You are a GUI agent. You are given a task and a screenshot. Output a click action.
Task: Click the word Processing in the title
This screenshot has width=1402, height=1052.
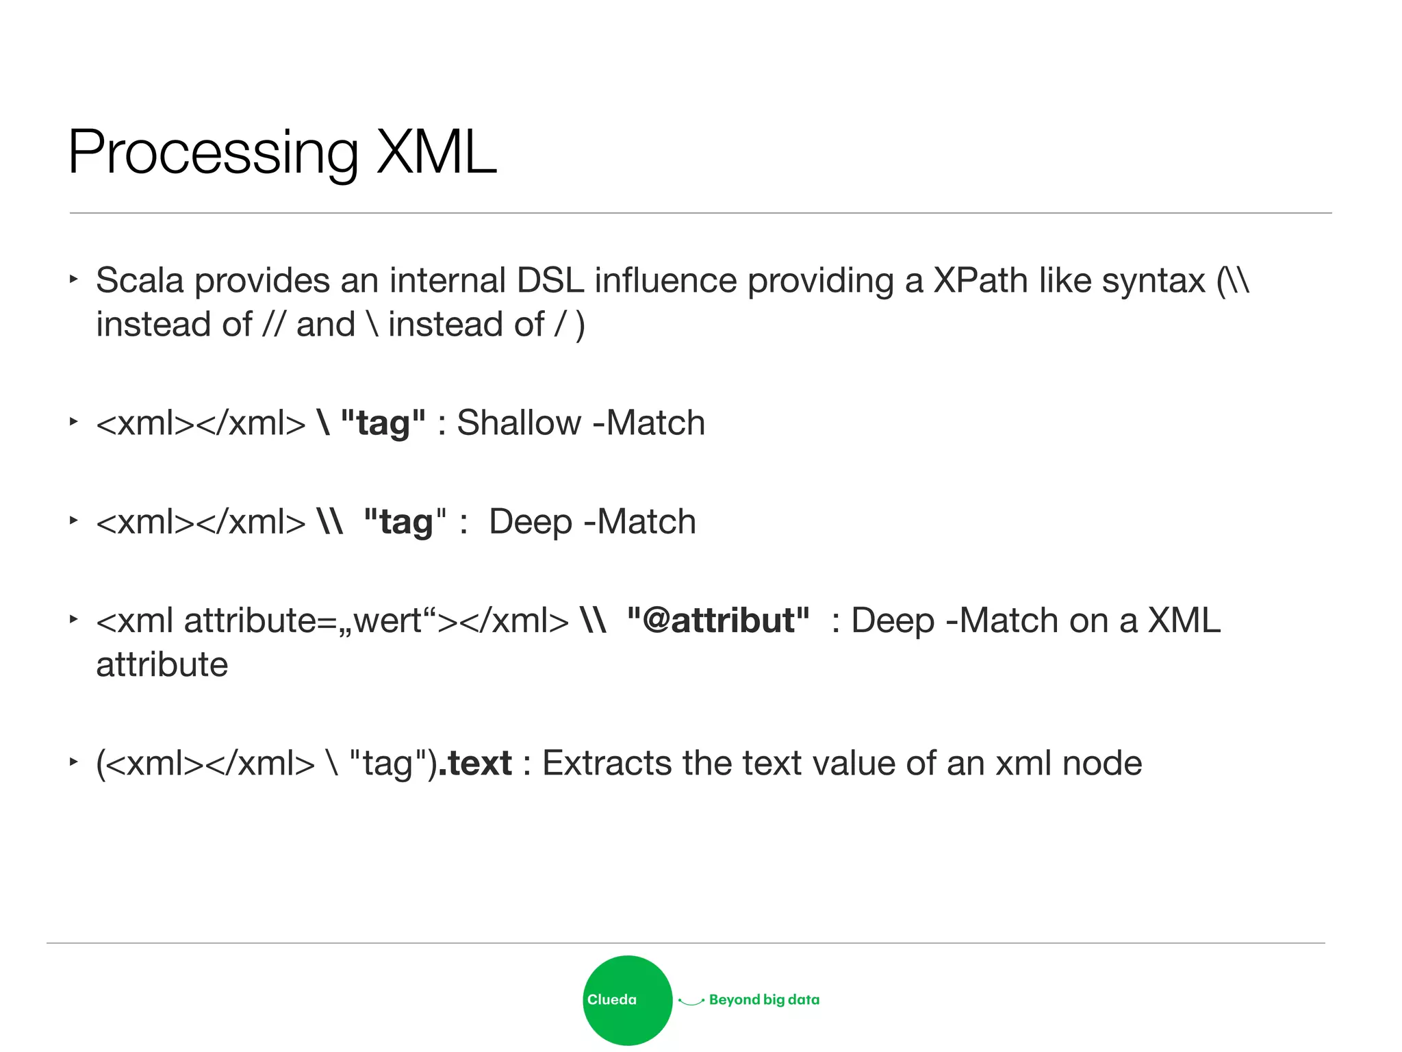click(213, 153)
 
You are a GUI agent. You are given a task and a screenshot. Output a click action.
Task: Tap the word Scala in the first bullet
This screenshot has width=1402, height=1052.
click(140, 281)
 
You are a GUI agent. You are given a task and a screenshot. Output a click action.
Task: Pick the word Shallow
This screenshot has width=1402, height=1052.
click(518, 423)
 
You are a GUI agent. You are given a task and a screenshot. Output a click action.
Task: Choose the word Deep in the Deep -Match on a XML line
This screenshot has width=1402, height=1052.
click(892, 621)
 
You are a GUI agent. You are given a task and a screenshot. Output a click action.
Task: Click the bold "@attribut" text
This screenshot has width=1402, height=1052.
click(718, 621)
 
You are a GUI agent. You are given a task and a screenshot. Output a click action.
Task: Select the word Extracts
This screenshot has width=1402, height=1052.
click(607, 763)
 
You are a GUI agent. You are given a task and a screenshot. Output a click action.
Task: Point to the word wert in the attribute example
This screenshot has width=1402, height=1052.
click(388, 621)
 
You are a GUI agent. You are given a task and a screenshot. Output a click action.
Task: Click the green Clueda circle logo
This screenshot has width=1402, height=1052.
click(627, 1000)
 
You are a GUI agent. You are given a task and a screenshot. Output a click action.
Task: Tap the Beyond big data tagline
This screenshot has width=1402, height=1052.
click(764, 1000)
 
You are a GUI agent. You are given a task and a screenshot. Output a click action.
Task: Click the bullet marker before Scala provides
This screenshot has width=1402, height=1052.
click(74, 279)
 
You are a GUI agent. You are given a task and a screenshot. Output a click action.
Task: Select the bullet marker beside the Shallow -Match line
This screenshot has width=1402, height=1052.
click(74, 422)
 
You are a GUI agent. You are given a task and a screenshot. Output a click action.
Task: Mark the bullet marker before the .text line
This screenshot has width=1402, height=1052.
click(74, 762)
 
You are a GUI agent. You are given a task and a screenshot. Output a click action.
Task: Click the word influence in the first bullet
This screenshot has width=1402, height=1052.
click(665, 281)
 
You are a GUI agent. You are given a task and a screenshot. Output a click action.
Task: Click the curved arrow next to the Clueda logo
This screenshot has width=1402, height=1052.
click(691, 1001)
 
